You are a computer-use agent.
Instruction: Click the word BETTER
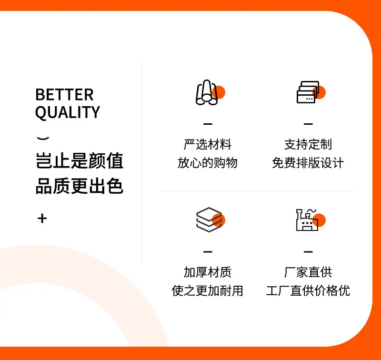(x=64, y=94)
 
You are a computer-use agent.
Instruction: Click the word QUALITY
(x=68, y=112)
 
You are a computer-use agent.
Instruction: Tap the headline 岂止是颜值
(x=80, y=160)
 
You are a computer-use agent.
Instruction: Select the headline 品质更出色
(x=80, y=186)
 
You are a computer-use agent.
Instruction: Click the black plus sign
(x=42, y=218)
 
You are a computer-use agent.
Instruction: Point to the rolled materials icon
(x=207, y=92)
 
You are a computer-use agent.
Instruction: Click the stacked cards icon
(x=308, y=92)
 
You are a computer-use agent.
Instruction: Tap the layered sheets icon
(x=209, y=220)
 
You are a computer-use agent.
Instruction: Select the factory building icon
(x=307, y=220)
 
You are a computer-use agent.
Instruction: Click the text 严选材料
(x=208, y=144)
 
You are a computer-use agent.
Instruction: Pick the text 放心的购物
(x=208, y=162)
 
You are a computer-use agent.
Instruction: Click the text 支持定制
(x=308, y=144)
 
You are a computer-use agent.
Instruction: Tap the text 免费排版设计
(x=308, y=162)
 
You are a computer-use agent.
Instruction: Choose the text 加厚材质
(x=208, y=272)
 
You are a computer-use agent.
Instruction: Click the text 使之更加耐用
(x=208, y=290)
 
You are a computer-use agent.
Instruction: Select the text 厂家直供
(x=308, y=272)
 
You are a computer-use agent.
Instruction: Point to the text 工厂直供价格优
(x=308, y=290)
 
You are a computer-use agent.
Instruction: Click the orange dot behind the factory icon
(x=319, y=220)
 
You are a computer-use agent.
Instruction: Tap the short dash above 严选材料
(x=208, y=124)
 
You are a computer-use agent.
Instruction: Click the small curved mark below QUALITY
(x=43, y=138)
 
